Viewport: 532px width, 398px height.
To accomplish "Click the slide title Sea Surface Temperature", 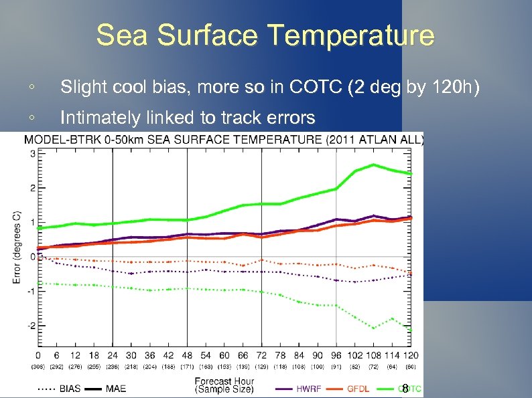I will pyautogui.click(x=265, y=35).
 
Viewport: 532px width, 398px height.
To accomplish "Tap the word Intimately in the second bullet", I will pyautogui.click(x=101, y=118).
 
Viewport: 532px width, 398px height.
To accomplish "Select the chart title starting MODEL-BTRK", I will pyautogui.click(x=224, y=139).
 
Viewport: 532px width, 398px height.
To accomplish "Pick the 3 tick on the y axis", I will pyautogui.click(x=32, y=154).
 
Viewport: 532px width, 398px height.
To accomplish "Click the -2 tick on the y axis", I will pyautogui.click(x=31, y=325).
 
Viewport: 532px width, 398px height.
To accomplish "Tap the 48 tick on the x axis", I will pyautogui.click(x=186, y=355).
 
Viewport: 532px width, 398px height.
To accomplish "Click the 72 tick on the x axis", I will pyautogui.click(x=261, y=355).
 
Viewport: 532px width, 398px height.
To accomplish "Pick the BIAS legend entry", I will pyautogui.click(x=69, y=388).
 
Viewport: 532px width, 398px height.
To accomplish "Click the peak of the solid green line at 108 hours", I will pyautogui.click(x=373, y=165).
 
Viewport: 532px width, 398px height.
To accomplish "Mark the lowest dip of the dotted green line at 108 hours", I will pyautogui.click(x=373, y=328).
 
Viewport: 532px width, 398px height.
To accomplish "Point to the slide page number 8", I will pyautogui.click(x=405, y=387).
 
